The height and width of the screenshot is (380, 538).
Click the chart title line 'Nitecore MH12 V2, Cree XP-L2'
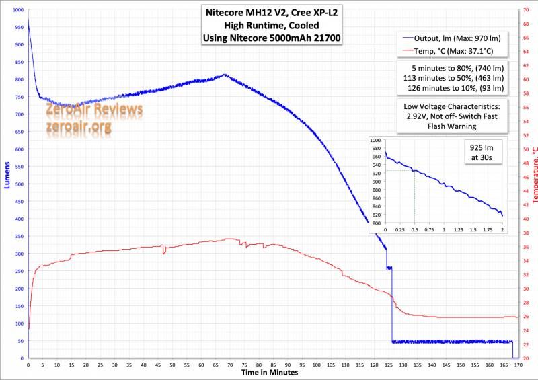tap(272, 13)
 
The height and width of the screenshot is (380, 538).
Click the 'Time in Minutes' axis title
tap(270, 372)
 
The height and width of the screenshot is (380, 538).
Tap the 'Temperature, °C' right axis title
tap(533, 174)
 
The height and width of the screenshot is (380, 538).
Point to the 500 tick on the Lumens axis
tap(17, 184)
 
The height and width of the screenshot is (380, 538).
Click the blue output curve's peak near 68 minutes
tap(225, 75)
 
